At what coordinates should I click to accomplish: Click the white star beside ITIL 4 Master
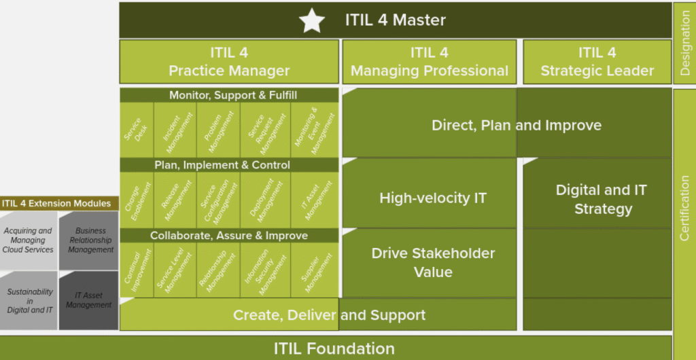tap(311, 20)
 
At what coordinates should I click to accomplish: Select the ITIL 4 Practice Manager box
tap(229, 62)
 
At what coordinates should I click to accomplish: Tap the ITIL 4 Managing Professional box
tap(430, 62)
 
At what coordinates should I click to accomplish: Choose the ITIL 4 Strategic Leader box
tap(597, 62)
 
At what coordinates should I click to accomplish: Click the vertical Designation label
tap(685, 43)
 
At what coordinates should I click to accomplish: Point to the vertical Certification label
tap(684, 209)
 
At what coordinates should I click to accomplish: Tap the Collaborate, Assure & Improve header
tap(229, 236)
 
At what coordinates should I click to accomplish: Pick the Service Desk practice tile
tap(137, 130)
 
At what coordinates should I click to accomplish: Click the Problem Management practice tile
tap(218, 130)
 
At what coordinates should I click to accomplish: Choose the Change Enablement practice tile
tap(137, 200)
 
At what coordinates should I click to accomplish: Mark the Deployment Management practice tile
tap(265, 200)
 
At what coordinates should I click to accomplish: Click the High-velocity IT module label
tap(433, 198)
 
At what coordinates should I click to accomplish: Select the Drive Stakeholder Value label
tap(433, 262)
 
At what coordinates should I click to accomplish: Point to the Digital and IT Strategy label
tap(602, 199)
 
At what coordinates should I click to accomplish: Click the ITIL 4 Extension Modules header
tap(56, 204)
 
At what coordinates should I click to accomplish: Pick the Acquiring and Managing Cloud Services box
tap(29, 240)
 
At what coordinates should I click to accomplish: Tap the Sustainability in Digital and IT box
tap(29, 301)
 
